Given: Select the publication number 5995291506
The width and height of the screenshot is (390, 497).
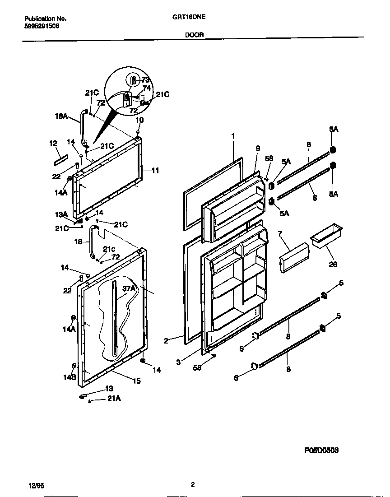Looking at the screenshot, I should [42, 26].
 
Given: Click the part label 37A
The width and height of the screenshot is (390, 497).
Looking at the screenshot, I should [129, 288].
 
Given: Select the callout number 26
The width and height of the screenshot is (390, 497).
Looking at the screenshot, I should [333, 265].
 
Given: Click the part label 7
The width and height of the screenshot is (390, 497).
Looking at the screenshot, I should [280, 233].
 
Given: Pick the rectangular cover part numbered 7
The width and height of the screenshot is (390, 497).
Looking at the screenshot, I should [294, 257].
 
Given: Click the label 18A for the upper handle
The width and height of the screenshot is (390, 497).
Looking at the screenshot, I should [61, 116].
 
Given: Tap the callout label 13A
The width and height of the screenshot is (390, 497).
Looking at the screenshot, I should [61, 214].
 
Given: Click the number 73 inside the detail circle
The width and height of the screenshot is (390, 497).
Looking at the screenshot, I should [145, 80].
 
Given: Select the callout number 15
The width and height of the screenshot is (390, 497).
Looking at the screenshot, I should [136, 381].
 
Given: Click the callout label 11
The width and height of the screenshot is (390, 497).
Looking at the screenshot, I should [155, 171].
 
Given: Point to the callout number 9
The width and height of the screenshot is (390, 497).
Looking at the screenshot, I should [258, 148].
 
